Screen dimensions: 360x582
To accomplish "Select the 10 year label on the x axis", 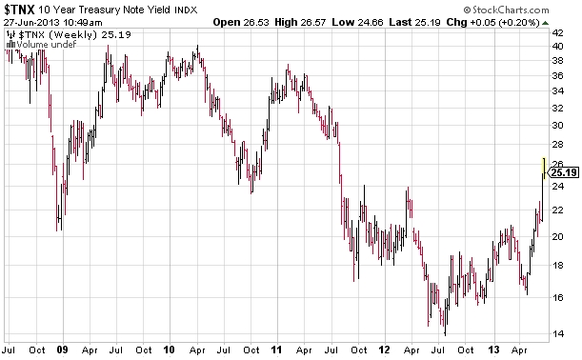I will pos(172,350).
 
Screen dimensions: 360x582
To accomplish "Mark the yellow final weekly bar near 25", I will pos(543,168).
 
